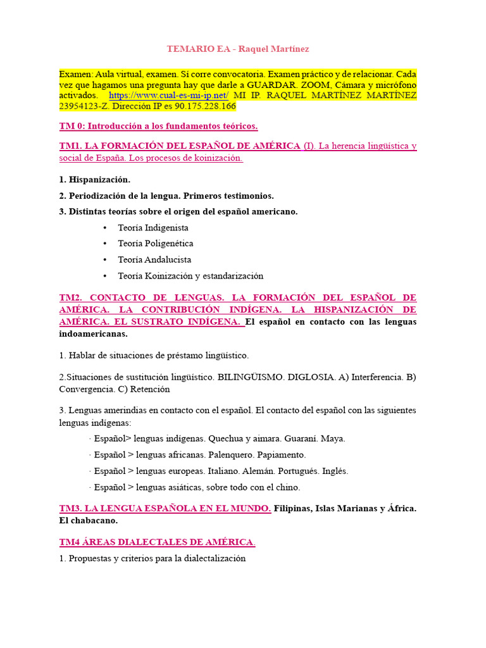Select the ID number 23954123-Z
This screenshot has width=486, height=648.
coord(85,106)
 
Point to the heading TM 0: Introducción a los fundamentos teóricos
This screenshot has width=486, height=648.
coord(158,126)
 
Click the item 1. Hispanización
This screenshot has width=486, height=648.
coord(94,180)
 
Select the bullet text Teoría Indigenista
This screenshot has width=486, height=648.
coord(153,228)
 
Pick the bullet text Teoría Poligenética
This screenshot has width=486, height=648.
coord(156,244)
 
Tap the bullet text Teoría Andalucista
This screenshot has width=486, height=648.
coord(154,259)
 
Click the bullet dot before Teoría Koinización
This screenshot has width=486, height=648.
coord(104,276)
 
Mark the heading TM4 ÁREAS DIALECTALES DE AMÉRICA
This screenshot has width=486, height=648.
coord(158,542)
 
